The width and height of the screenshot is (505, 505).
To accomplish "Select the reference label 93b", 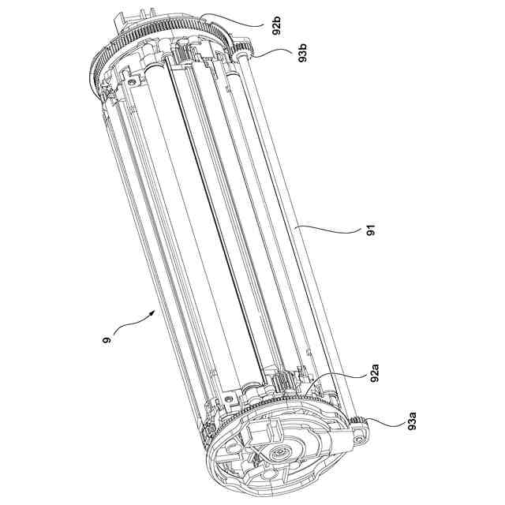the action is [x=303, y=54].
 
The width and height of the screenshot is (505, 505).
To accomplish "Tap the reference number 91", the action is [x=371, y=230].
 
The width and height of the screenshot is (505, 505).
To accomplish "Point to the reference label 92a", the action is [x=374, y=373].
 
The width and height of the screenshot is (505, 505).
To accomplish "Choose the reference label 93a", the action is [x=412, y=421].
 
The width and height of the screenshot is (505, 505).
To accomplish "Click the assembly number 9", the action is [x=107, y=340].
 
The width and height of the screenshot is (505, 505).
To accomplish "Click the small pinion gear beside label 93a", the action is [x=357, y=420].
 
